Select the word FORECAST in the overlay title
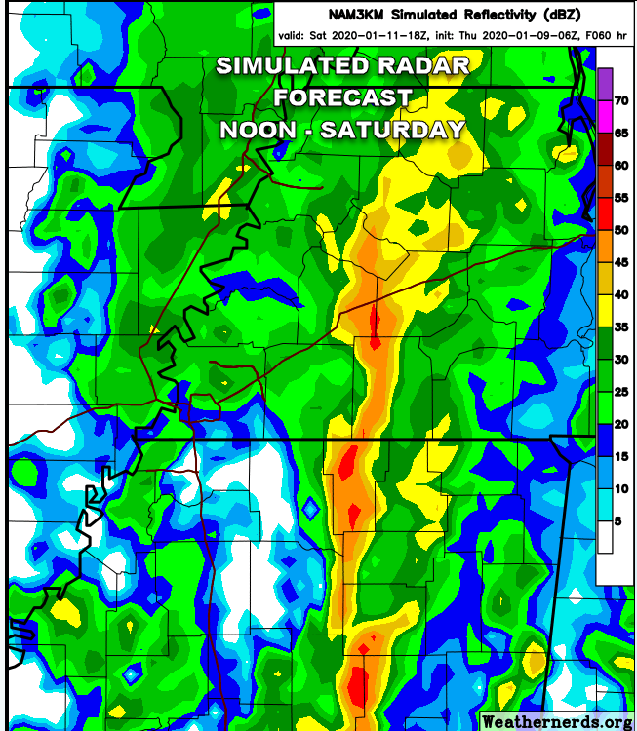(x=342, y=97)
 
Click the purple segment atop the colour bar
(x=604, y=84)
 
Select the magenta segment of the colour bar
(x=604, y=116)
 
